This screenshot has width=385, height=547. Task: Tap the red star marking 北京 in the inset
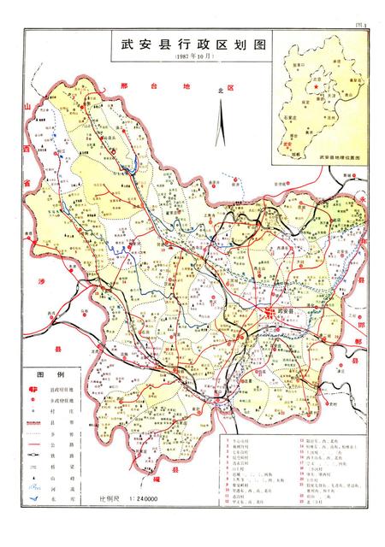pyautogui.click(x=316, y=86)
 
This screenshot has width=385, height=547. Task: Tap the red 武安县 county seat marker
pyautogui.click(x=269, y=313)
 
